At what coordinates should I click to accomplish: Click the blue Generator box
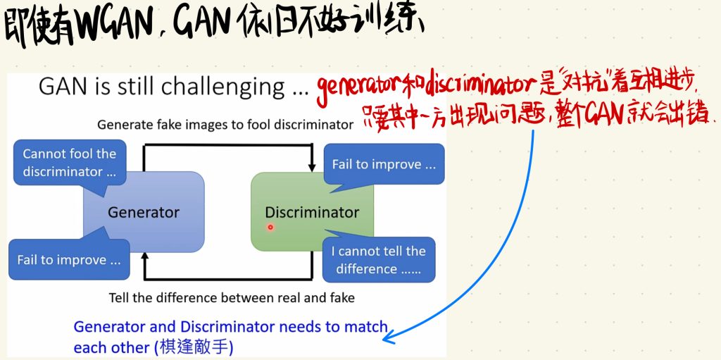point(144,212)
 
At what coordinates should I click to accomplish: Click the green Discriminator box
point(312,212)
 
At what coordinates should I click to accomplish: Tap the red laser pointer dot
point(270,227)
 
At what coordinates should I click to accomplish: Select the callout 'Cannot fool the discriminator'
point(70,163)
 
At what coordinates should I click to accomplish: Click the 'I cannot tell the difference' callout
point(379,260)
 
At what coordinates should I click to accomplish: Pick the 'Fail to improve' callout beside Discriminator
point(384,164)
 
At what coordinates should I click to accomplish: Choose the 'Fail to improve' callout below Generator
point(69,260)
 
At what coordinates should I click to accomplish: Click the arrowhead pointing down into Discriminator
point(312,166)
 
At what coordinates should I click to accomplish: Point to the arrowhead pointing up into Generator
point(145,258)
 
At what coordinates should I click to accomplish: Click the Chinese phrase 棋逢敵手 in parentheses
point(194,347)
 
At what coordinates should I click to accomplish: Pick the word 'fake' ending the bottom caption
point(341,297)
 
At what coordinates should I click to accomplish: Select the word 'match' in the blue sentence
point(366,326)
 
